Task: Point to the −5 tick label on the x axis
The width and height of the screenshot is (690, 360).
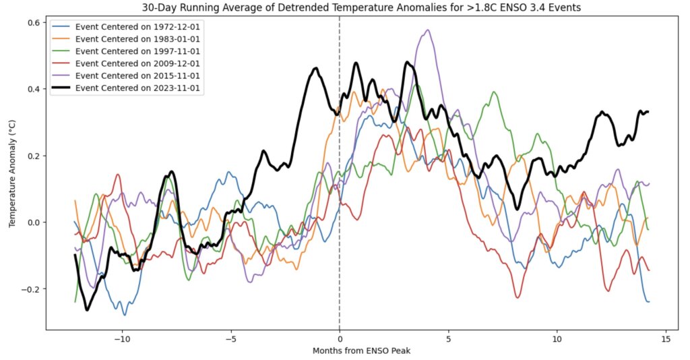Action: [x=230, y=338]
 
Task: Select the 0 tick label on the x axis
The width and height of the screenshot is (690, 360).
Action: [x=339, y=338]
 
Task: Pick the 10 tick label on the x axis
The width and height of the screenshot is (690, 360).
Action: [x=557, y=338]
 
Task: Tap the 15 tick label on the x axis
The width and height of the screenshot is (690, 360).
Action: [x=666, y=338]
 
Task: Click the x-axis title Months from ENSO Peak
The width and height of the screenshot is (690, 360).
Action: [x=361, y=351]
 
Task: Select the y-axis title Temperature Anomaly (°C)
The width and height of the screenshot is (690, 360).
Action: [x=12, y=174]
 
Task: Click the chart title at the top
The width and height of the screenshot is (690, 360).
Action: [x=361, y=7]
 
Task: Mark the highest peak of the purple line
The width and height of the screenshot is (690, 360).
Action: [x=427, y=30]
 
